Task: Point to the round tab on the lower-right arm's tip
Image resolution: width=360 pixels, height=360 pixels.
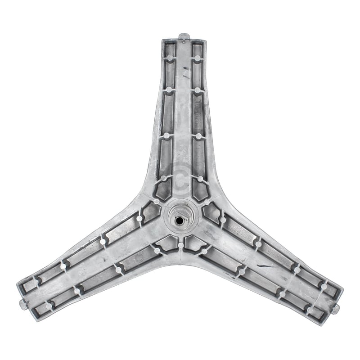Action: [x=337, y=306]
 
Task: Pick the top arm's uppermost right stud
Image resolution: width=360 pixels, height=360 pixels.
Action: [x=197, y=58]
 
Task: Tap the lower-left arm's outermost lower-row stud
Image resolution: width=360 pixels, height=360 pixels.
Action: [x=49, y=306]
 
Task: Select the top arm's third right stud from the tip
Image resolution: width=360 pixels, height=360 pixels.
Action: [x=198, y=135]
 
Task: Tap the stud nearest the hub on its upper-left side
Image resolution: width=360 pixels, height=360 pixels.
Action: [x=157, y=201]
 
